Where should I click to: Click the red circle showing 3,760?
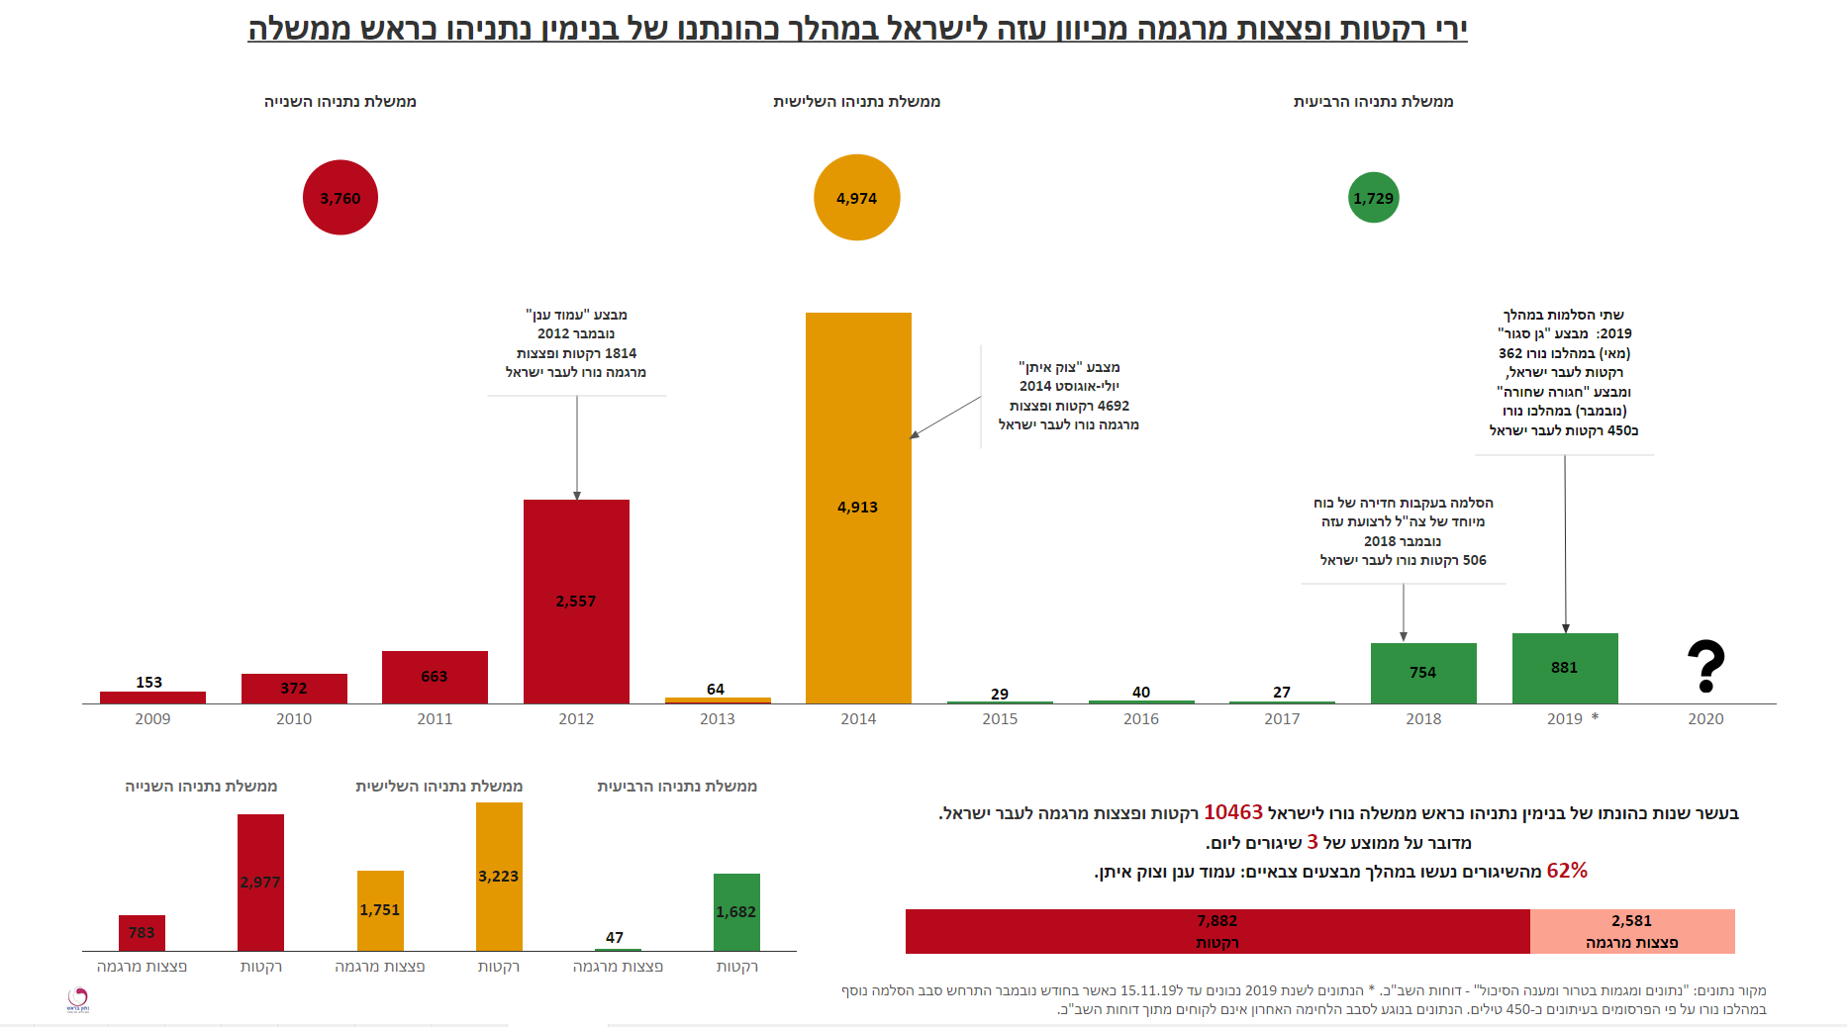(x=340, y=198)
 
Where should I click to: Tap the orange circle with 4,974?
(x=856, y=198)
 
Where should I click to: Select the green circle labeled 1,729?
(x=1373, y=198)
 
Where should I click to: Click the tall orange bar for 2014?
(x=858, y=508)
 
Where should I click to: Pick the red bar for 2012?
(x=576, y=602)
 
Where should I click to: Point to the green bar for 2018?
(x=1422, y=673)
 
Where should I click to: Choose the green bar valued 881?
(x=1564, y=668)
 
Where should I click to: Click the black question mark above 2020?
(x=1705, y=666)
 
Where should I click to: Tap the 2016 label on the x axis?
(x=1140, y=719)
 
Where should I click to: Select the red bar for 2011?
(x=435, y=677)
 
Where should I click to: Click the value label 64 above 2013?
(x=716, y=689)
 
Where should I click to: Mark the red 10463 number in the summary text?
(x=1232, y=812)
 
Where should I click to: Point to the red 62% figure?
(x=1567, y=871)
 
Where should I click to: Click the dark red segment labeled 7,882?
(x=1216, y=931)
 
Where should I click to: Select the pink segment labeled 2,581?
(x=1631, y=931)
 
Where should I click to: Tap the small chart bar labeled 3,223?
(x=499, y=877)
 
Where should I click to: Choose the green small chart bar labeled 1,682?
(x=736, y=911)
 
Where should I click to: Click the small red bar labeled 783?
(x=142, y=933)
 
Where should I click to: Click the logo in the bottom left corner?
(x=78, y=999)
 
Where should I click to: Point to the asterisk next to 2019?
(x=1595, y=717)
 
